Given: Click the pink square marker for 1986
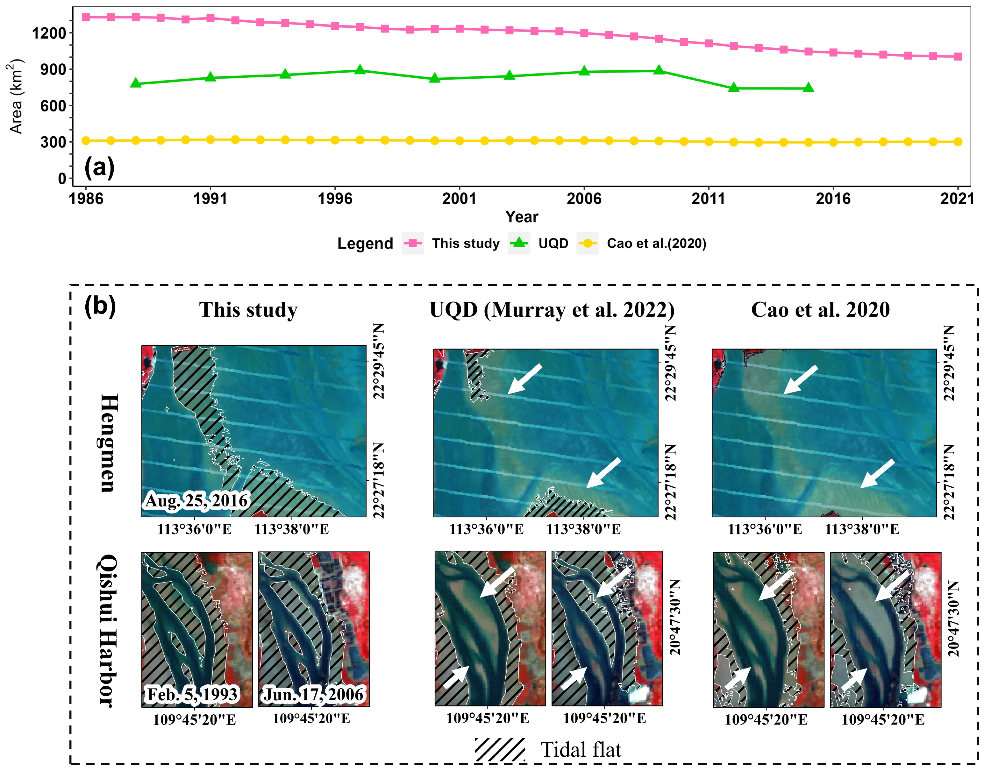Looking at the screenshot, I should pos(86,17).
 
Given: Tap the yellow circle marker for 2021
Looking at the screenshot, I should pos(958,142).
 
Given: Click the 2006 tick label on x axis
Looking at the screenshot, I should pos(584,199).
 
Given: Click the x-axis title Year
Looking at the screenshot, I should pos(522,217).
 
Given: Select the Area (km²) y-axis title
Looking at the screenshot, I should pos(16,96).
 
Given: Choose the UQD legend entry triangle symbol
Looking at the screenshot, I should pos(519,243).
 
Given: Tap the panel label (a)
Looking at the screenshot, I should pos(99,167).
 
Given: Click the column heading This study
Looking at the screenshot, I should pos(248,310).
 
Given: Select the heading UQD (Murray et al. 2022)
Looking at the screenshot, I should pos(552,310).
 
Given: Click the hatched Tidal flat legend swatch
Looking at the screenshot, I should pos(499,749).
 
